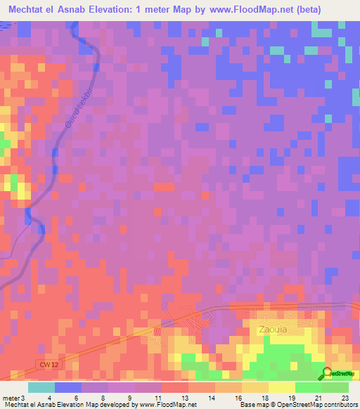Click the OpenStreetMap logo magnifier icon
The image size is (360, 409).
tap(328, 373)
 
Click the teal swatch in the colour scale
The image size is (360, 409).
tap(41, 388)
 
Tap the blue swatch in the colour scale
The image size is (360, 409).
tap(68, 388)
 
